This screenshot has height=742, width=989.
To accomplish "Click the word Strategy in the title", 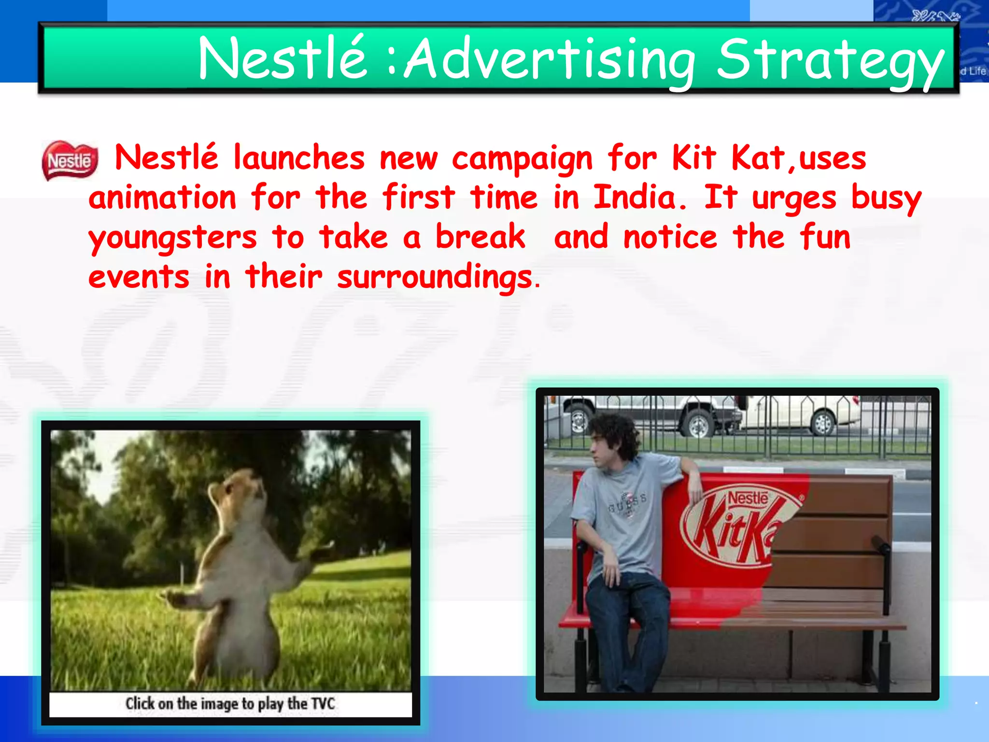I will [x=830, y=60].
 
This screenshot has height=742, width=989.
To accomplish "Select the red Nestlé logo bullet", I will [x=71, y=160].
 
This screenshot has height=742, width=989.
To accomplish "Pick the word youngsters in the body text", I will [x=172, y=238].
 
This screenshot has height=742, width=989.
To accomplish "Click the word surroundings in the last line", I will [x=435, y=278].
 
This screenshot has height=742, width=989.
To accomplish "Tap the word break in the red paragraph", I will [x=480, y=237].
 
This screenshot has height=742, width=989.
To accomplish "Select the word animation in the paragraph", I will [x=162, y=198].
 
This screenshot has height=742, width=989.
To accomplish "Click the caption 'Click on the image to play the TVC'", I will [x=230, y=704].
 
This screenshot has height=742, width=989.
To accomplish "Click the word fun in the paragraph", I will [x=825, y=237].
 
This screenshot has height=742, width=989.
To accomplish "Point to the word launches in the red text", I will [x=299, y=158].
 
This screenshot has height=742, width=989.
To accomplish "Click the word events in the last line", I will [x=139, y=278].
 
